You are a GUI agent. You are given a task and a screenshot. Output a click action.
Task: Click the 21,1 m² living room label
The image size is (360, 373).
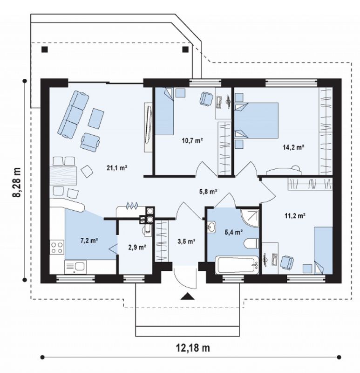(x=117, y=168)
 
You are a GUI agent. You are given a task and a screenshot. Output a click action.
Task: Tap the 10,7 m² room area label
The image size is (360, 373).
(x=192, y=140)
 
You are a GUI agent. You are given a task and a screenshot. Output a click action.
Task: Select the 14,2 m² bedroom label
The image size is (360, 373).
(x=293, y=147)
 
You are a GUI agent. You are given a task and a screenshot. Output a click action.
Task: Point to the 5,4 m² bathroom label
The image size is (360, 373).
(x=234, y=232)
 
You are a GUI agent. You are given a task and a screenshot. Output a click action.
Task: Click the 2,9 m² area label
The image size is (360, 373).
(x=137, y=248)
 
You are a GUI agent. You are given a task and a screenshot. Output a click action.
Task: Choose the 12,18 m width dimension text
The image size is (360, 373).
(x=193, y=348)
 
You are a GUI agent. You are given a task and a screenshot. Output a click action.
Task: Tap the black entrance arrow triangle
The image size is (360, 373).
(x=188, y=296)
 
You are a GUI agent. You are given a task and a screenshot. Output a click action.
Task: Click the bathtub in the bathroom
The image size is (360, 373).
(x=237, y=265)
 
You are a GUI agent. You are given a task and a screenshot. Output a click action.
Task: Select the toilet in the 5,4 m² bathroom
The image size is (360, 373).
(x=251, y=243)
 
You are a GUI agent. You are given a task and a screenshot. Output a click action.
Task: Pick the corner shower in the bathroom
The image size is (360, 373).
(x=250, y=218)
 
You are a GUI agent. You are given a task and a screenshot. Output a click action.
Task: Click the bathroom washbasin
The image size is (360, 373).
(x=211, y=226)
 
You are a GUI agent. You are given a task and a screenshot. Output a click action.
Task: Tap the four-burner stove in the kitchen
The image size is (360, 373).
(x=57, y=247)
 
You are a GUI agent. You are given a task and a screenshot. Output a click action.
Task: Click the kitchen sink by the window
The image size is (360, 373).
(x=75, y=267)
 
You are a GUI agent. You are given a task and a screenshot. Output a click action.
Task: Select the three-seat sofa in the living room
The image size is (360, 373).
(x=74, y=114)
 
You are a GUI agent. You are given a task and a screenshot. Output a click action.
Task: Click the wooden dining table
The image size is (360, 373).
(x=63, y=176)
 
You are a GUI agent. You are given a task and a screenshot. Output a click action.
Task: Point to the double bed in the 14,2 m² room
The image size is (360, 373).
(x=257, y=120)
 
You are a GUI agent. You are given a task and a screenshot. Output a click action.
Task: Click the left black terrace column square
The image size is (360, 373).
(x=45, y=49)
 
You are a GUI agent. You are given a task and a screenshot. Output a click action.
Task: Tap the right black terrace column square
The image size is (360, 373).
(x=185, y=49)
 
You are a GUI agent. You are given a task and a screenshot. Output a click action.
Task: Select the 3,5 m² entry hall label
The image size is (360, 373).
(x=187, y=242)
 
